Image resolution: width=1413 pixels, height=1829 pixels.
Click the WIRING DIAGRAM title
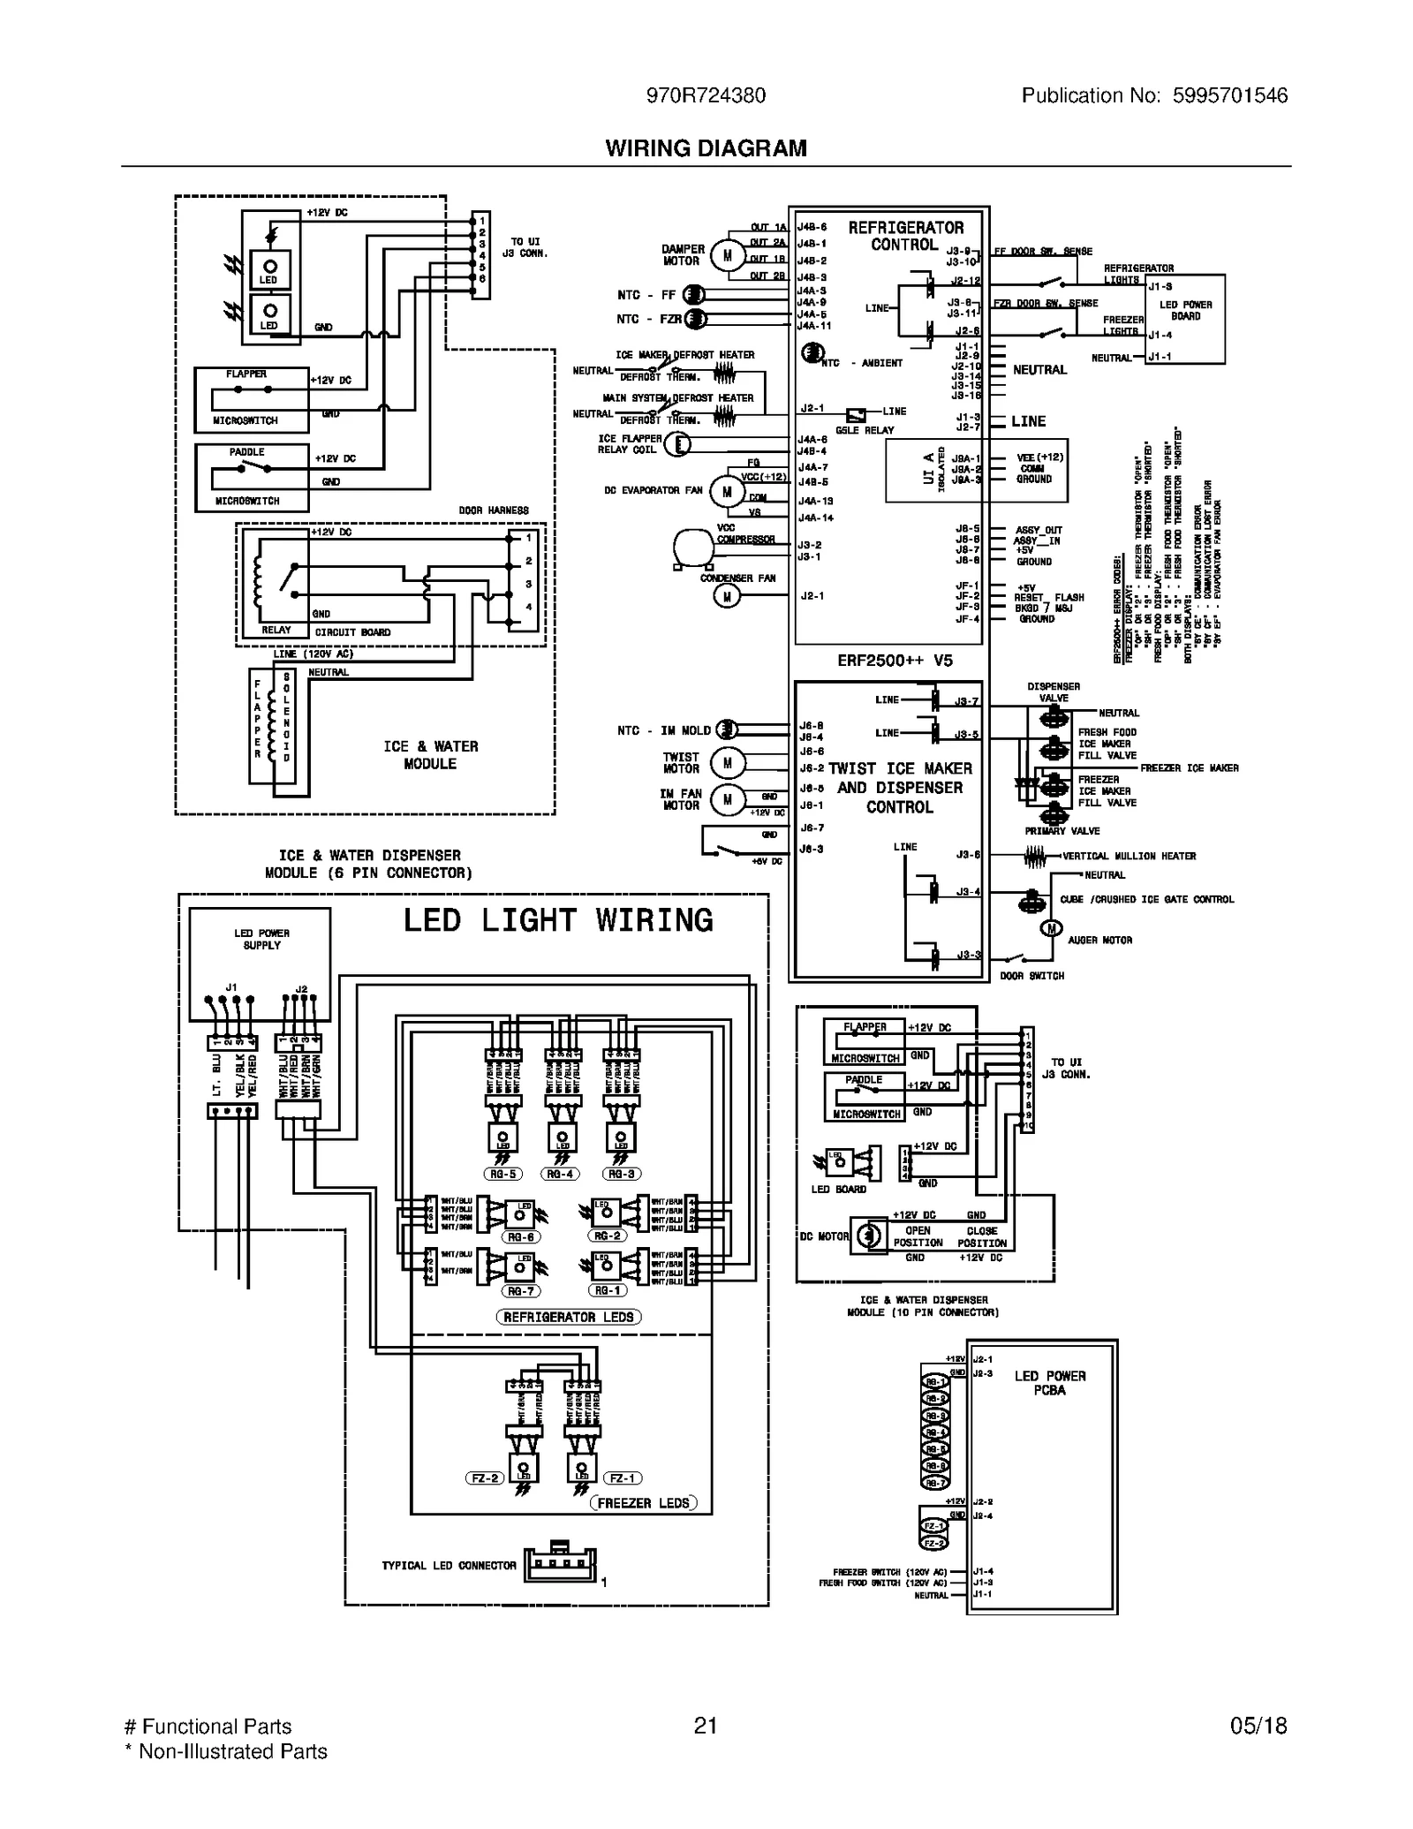coord(706,148)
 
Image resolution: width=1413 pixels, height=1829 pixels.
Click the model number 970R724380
coord(706,95)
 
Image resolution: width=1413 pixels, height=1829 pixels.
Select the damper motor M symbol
coord(728,256)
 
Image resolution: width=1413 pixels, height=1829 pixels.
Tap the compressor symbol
coord(691,547)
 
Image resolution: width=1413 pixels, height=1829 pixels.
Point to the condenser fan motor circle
coord(727,597)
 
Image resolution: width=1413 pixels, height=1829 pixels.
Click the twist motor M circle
coord(728,763)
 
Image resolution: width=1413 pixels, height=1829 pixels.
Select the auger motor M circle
coord(1051,928)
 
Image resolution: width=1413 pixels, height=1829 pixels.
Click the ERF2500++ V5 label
coord(895,661)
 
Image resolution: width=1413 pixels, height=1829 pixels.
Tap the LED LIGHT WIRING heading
coord(558,920)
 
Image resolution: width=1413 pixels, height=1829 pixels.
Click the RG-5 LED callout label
coord(503,1174)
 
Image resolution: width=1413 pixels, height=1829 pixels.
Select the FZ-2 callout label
coord(485,1478)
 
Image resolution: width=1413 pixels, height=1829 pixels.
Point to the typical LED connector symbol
coord(560,1564)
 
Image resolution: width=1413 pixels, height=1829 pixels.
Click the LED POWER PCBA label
coord(1050,1383)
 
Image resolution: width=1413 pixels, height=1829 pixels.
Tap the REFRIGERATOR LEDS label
coord(569,1317)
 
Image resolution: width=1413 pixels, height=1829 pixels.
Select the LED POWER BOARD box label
coord(1185,310)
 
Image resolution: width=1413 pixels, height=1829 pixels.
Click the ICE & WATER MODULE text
coord(430,755)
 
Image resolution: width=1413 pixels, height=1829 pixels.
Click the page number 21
coord(705,1726)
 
